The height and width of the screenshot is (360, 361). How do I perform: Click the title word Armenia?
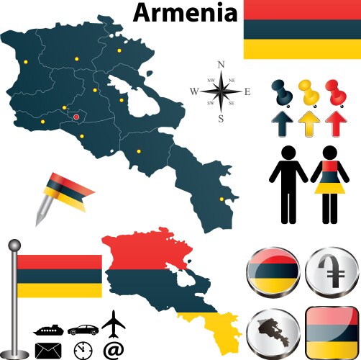point(185,12)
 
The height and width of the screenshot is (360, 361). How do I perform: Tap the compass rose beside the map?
point(221,91)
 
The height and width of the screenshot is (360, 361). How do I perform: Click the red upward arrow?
point(334,124)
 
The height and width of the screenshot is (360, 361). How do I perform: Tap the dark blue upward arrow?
point(282,124)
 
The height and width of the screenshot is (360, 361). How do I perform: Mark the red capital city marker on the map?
point(76,117)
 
